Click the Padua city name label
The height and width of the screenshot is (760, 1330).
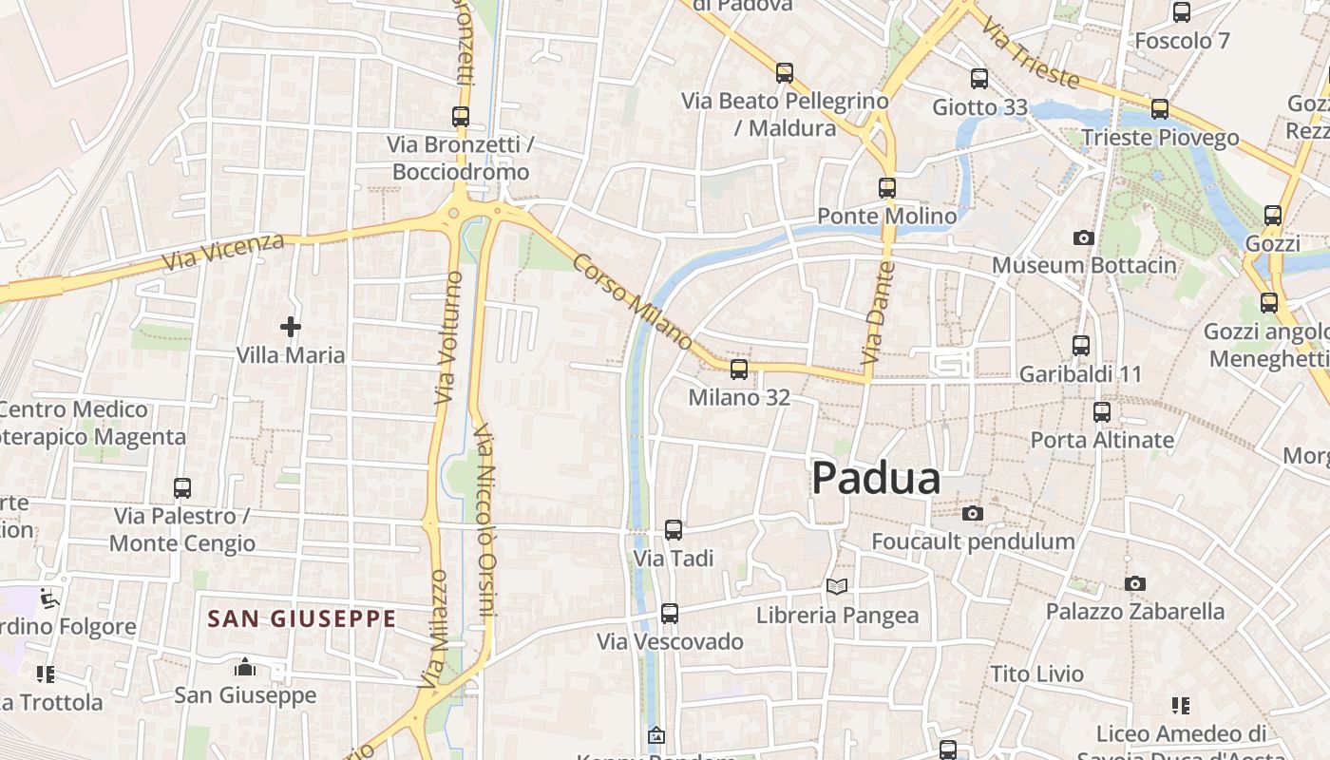876,479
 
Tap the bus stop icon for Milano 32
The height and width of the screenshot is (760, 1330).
739,370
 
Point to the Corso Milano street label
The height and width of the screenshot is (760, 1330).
633,301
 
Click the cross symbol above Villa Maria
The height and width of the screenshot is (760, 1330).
291,327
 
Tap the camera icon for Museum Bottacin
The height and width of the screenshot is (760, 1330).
1083,237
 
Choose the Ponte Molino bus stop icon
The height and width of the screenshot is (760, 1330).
887,188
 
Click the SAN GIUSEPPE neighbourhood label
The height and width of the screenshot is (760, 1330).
302,619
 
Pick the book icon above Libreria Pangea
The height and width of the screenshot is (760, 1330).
836,587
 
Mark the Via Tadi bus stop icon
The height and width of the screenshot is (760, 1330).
674,530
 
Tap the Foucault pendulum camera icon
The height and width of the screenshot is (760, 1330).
972,514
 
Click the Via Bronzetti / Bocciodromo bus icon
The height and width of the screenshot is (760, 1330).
461,117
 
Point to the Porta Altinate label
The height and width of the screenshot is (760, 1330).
1103,441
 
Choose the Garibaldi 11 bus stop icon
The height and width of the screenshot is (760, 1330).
1081,346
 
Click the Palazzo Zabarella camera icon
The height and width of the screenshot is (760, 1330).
1134,583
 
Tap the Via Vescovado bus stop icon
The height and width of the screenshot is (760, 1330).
670,614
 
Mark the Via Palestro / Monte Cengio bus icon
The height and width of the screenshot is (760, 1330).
182,488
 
